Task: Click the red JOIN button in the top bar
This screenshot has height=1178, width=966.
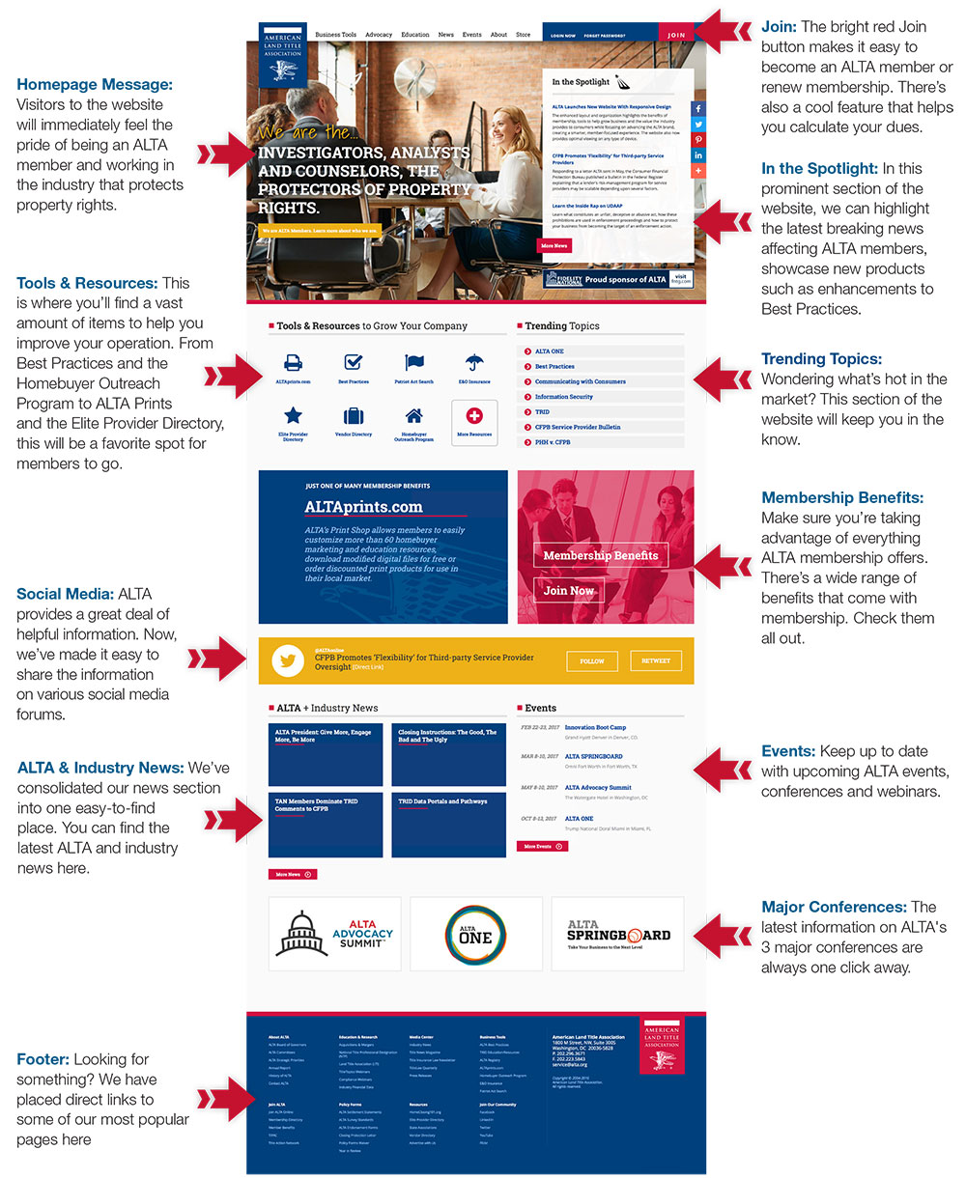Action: [676, 35]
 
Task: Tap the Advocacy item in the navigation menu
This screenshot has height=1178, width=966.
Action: [379, 35]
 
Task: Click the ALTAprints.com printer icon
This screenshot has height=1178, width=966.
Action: [294, 363]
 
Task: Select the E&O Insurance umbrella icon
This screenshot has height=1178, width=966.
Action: [474, 363]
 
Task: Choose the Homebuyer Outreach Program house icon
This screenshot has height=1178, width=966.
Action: [413, 416]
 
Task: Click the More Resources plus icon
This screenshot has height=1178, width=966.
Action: [474, 416]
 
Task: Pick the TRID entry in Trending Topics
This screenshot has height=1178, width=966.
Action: [542, 411]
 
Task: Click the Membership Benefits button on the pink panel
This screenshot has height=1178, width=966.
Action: [600, 555]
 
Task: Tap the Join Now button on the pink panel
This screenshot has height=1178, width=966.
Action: [568, 590]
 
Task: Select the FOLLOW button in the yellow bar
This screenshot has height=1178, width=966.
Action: [591, 661]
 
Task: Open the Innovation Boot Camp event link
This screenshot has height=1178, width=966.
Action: [595, 727]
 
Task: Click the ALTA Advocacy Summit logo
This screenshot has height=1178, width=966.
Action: [334, 934]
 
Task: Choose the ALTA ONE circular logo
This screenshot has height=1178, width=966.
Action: [475, 934]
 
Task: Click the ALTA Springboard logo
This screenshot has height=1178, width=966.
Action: [617, 934]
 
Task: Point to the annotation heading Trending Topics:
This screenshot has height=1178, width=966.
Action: [821, 359]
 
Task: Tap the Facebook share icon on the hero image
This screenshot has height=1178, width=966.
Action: [698, 108]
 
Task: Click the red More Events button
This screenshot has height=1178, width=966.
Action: [541, 846]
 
